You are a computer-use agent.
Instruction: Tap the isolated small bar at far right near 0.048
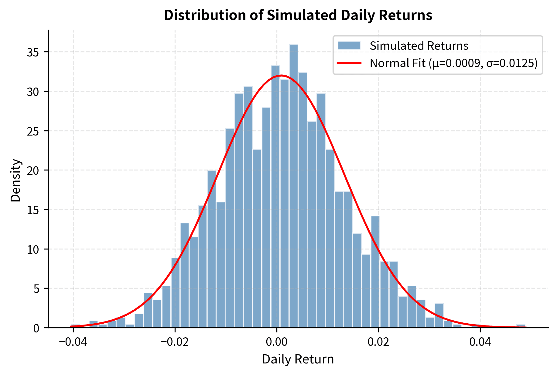click(521, 326)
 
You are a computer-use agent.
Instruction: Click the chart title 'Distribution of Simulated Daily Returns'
click(298, 15)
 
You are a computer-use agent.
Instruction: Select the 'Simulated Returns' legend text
click(419, 46)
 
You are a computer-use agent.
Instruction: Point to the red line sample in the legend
click(349, 63)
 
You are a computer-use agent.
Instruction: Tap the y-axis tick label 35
click(33, 52)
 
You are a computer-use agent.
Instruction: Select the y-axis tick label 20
click(33, 170)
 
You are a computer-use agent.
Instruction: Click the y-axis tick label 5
click(36, 289)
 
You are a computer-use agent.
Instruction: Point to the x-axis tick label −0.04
click(73, 342)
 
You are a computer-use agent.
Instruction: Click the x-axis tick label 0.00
click(276, 342)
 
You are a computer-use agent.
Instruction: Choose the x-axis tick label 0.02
click(378, 342)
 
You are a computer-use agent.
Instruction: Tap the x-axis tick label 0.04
click(480, 342)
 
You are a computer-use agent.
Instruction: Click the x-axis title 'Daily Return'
click(298, 360)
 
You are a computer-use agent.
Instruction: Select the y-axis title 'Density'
click(15, 180)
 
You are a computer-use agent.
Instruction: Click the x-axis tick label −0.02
click(175, 342)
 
